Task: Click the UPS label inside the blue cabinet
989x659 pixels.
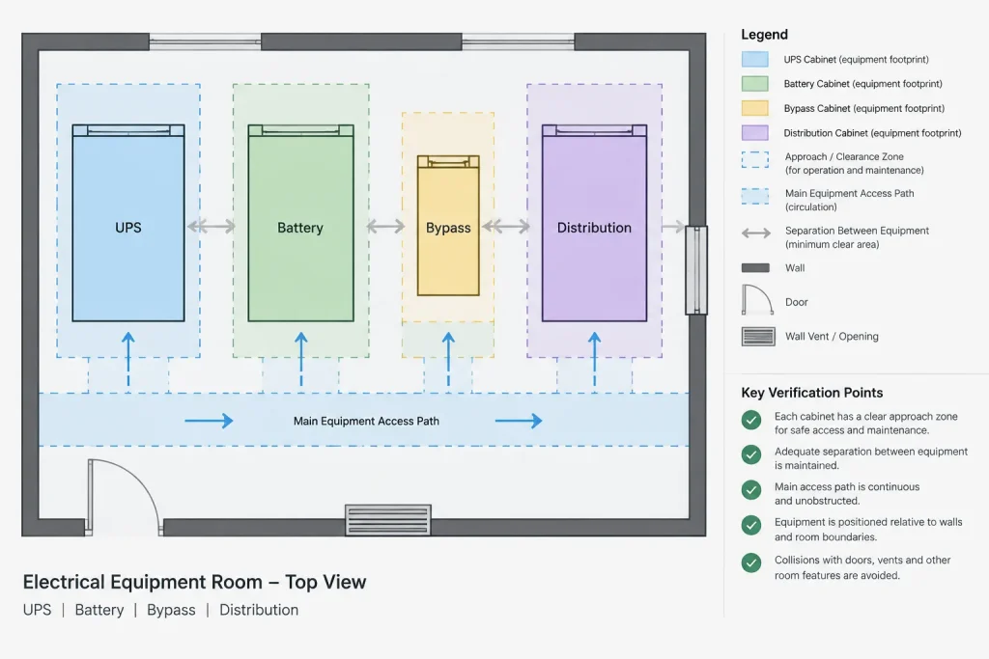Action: tap(128, 228)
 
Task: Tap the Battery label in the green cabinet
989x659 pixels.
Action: tap(300, 228)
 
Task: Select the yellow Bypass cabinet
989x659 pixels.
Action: tap(448, 226)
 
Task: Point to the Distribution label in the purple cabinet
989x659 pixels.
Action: tap(594, 228)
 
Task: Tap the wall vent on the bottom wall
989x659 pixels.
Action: tap(388, 520)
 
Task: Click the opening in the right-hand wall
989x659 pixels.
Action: tap(696, 269)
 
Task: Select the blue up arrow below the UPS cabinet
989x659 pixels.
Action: tap(128, 359)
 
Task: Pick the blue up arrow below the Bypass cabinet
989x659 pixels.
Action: tap(448, 359)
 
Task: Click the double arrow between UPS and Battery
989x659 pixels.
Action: tap(212, 226)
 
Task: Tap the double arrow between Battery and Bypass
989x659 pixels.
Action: tap(385, 226)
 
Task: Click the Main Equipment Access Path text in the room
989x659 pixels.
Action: tap(366, 421)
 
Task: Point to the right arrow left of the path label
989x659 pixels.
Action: tap(209, 421)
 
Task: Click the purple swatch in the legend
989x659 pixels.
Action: tap(755, 133)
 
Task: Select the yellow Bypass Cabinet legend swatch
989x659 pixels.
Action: tap(755, 108)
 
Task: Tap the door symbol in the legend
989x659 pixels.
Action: tap(757, 299)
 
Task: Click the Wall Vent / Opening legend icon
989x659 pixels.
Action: tap(758, 337)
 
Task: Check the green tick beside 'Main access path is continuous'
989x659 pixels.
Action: tap(751, 490)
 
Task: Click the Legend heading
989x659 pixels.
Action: tap(765, 35)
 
